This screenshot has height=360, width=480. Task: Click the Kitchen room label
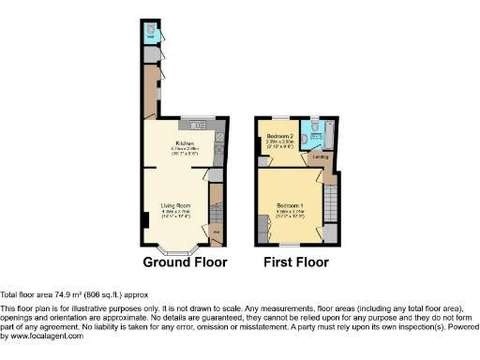click(182, 142)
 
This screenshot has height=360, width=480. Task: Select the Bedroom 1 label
click(288, 204)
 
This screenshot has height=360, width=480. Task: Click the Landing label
click(321, 157)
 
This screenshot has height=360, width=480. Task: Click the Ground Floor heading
click(185, 262)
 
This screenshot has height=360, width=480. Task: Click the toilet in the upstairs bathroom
click(316, 126)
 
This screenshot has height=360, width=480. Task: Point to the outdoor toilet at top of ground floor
click(151, 30)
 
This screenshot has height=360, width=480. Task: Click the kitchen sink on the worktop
click(198, 126)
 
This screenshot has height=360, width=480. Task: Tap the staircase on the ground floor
click(215, 201)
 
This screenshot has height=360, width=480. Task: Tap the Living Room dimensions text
click(175, 214)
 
